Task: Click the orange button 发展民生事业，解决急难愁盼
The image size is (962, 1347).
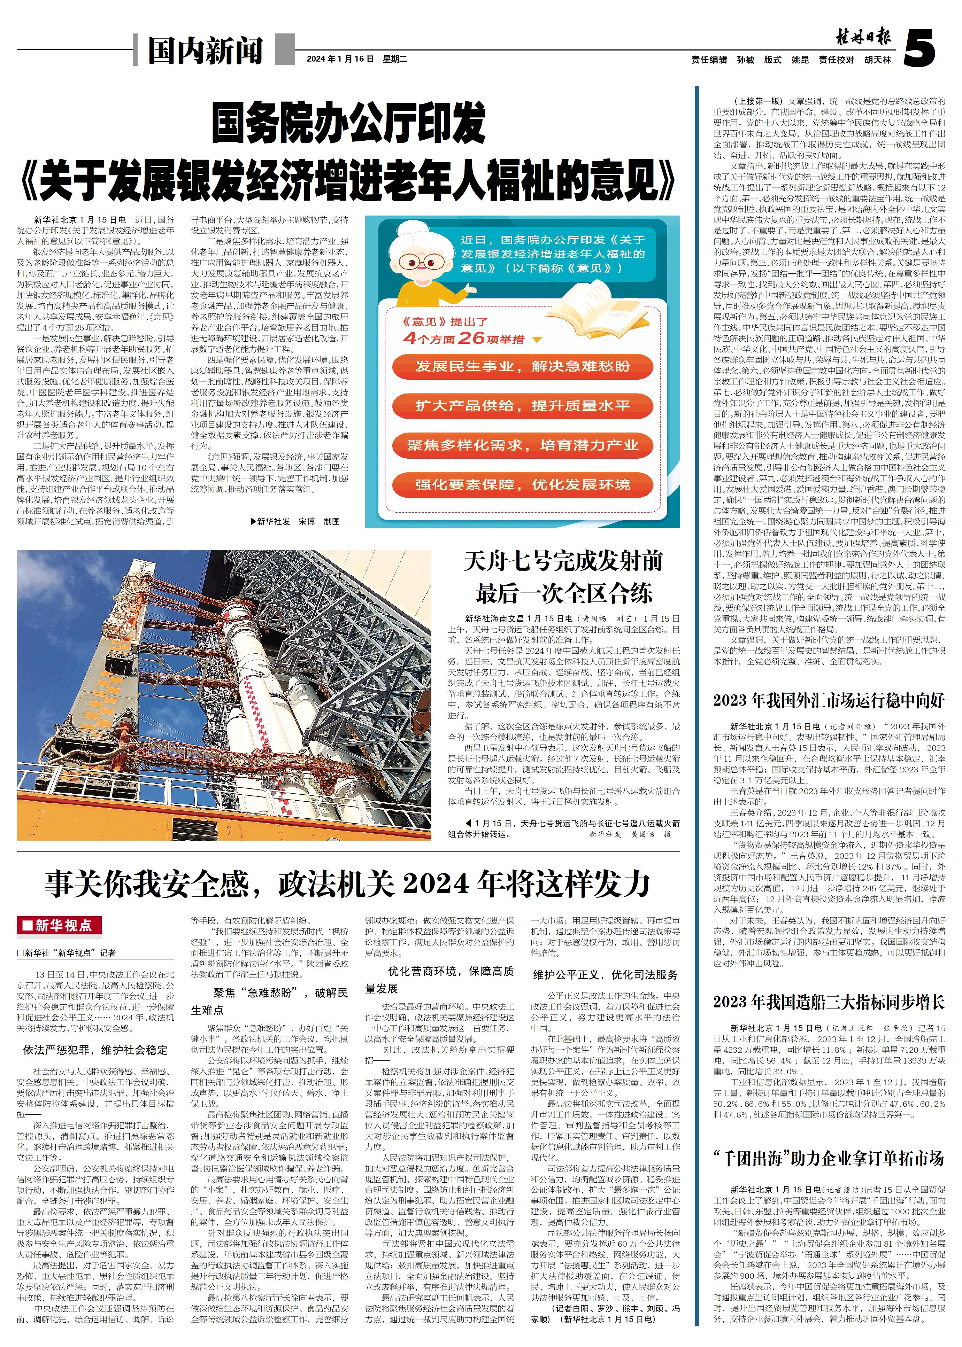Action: click(x=523, y=366)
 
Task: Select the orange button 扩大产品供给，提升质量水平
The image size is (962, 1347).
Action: click(x=523, y=406)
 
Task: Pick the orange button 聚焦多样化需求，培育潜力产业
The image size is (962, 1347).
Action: click(x=523, y=445)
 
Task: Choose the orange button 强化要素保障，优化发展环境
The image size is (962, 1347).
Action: click(x=523, y=485)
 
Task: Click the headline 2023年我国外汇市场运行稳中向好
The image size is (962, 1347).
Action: click(x=829, y=700)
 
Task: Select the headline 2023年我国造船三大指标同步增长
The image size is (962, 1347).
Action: click(x=829, y=1002)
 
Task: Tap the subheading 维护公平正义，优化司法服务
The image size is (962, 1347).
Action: click(x=606, y=975)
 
